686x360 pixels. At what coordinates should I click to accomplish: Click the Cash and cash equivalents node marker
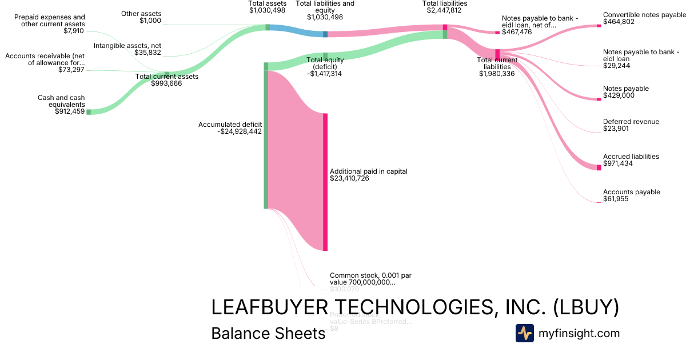point(88,111)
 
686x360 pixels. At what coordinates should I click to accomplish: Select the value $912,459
point(70,111)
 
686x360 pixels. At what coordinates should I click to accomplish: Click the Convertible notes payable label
point(644,15)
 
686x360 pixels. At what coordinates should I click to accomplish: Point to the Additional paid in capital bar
point(325,182)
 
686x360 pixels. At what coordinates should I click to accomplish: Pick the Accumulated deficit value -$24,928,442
point(240,131)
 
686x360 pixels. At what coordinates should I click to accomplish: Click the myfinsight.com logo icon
point(524,333)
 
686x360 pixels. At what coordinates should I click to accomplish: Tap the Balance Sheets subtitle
point(268,333)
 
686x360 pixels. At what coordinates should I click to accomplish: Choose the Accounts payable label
point(631,192)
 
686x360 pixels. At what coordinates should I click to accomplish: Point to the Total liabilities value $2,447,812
point(445,10)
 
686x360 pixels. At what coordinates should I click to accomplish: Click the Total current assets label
point(166,77)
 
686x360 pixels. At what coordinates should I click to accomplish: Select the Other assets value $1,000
point(150,21)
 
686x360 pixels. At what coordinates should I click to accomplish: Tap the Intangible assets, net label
point(127,46)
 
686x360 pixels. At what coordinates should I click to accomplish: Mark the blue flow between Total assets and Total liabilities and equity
point(296,31)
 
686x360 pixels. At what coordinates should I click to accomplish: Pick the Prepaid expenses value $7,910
point(74,31)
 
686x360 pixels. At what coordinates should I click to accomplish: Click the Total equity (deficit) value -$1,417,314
point(324,74)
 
